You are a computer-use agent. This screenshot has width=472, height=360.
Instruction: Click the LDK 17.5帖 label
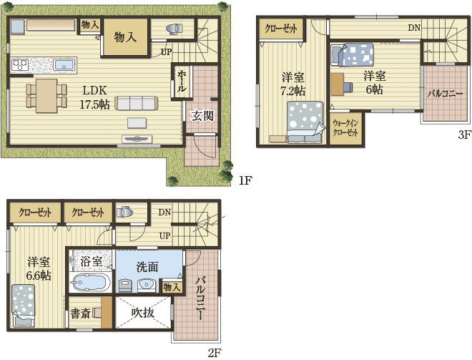pos(94,97)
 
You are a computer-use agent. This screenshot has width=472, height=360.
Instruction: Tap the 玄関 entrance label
pos(203,115)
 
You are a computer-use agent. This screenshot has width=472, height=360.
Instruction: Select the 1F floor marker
pos(245,180)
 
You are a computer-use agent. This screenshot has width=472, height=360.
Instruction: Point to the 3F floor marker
pos(464,135)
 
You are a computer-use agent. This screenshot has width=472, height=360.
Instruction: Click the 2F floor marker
pos(215,352)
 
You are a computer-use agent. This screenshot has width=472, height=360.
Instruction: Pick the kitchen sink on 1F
pos(64,64)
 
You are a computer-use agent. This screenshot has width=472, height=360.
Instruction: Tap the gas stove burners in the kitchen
pos(20,64)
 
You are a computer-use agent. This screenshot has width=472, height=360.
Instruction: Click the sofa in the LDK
pos(136,103)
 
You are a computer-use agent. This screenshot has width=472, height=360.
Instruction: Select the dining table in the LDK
pos(46,96)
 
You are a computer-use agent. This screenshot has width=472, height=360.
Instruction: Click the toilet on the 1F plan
pos(174,28)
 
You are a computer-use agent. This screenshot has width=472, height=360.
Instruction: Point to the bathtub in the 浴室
pos(89,283)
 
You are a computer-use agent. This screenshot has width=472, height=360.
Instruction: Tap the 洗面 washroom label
pos(147,267)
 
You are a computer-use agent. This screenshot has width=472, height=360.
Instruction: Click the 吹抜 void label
pos(143,313)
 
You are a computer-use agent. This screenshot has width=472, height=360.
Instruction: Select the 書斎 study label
pos(80,313)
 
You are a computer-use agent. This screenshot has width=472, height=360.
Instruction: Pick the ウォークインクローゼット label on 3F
pos(345,128)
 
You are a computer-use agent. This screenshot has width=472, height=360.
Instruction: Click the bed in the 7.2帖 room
pos(305,122)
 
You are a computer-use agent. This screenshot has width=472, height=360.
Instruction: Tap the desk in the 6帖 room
pos(337,84)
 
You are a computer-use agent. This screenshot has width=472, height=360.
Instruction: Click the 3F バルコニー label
pos(446,94)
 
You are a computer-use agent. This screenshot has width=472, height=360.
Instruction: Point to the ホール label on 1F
pos(181,81)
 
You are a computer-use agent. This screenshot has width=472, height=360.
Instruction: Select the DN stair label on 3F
pos(414,28)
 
